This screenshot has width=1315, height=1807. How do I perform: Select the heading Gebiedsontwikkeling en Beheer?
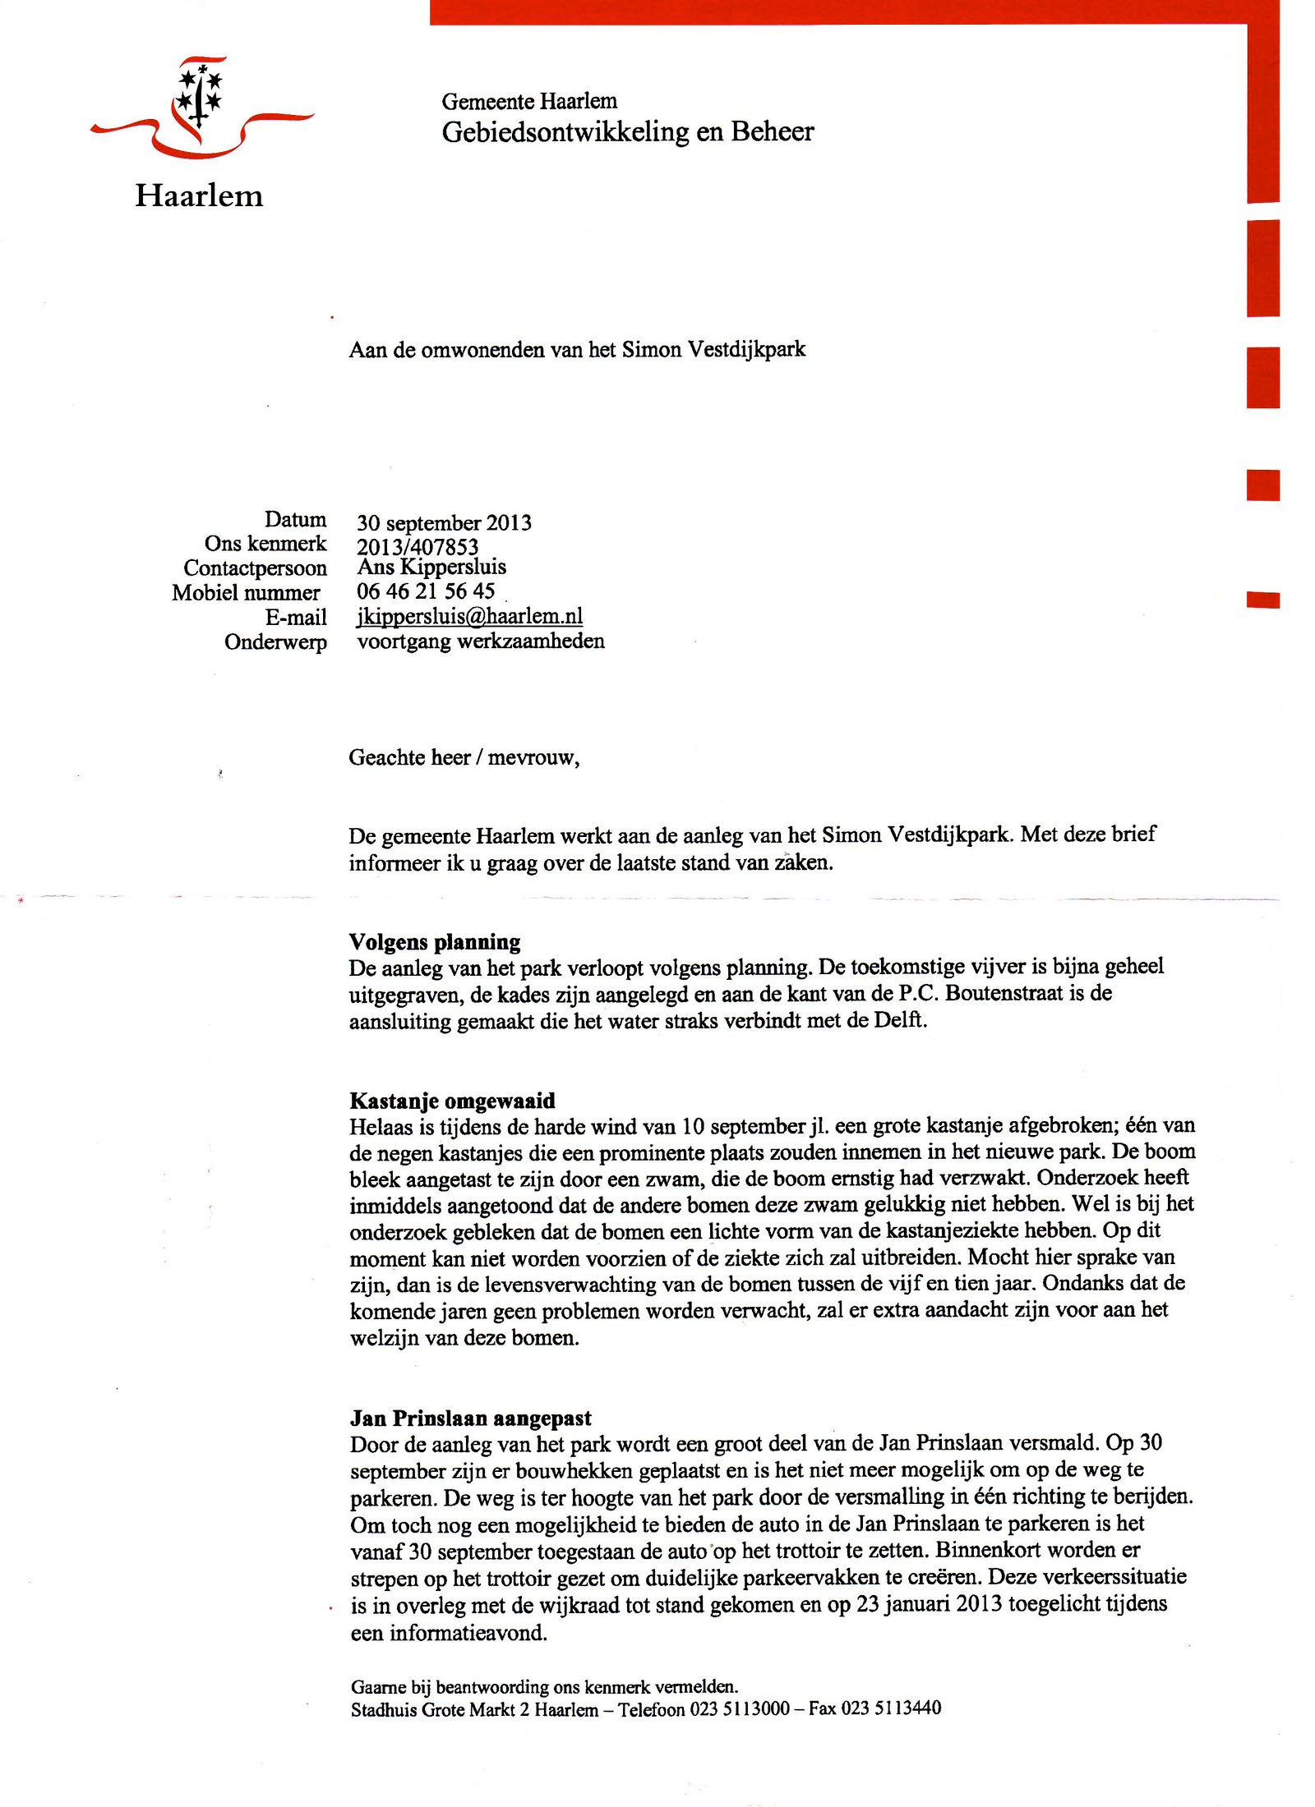coord(627,132)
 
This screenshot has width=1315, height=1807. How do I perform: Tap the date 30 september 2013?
coord(444,523)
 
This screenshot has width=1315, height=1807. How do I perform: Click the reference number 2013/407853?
coord(417,547)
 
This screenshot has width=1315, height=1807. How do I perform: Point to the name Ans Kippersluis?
coord(431,568)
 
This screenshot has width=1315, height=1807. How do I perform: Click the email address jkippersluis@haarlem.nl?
coord(469,616)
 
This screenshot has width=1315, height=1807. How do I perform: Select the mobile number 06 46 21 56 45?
coord(425,591)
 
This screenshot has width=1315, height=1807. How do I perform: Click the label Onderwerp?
coord(275,642)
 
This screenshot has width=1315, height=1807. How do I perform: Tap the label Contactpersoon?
coord(255,568)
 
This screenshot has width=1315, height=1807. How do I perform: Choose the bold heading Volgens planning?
coord(434,942)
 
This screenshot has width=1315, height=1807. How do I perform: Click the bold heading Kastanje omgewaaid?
coord(452,1101)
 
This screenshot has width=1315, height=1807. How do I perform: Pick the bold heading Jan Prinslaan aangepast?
coord(470,1418)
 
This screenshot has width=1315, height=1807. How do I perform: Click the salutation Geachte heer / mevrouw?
coord(464,757)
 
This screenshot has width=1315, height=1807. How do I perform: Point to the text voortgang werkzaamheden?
coord(480,641)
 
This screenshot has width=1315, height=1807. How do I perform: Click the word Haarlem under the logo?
coord(199,196)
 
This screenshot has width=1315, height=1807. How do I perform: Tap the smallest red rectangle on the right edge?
coord(1262,600)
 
